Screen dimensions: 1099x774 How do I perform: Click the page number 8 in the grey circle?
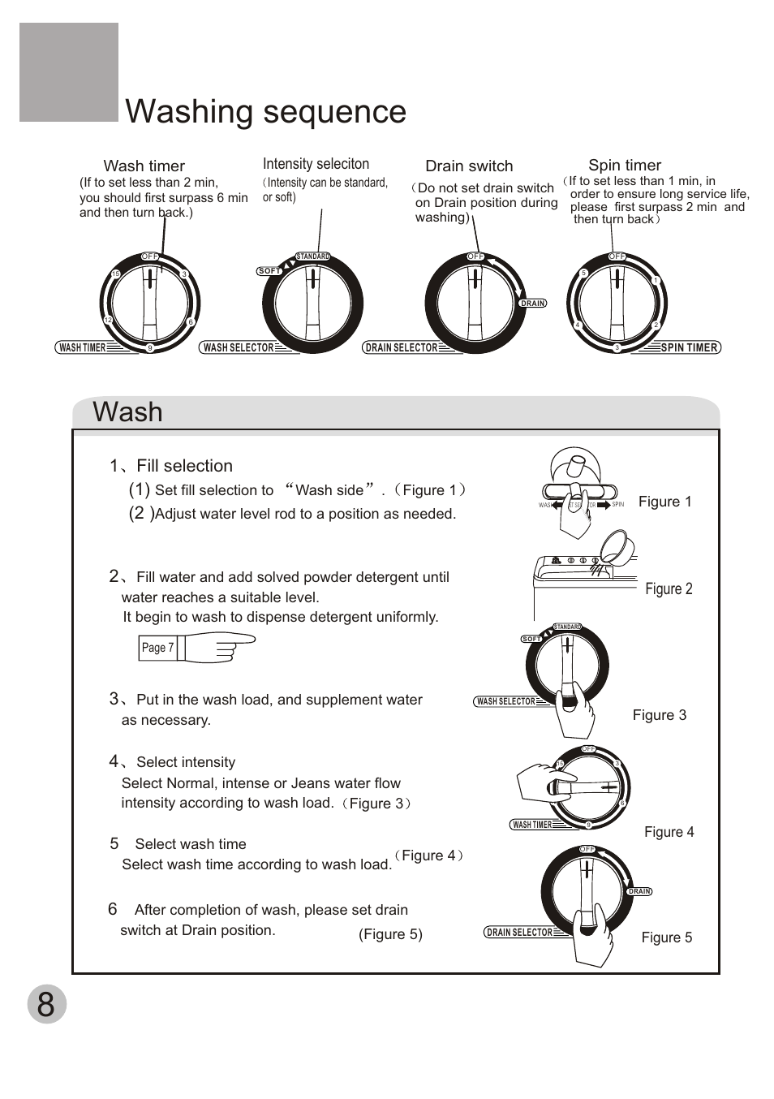tap(46, 1004)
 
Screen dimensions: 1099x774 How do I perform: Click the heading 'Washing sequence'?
tap(265, 112)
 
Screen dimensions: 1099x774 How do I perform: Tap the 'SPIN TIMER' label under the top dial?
tap(689, 347)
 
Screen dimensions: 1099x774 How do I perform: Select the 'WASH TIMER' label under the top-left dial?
tap(83, 347)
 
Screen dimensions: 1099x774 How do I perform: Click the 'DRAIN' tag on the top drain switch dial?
tap(533, 304)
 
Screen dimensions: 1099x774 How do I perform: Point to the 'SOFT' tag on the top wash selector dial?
tap(269, 271)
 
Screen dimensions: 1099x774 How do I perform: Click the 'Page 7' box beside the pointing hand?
tap(157, 648)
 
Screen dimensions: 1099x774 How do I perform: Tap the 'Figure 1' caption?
tap(664, 502)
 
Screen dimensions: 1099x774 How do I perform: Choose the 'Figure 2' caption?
tap(669, 589)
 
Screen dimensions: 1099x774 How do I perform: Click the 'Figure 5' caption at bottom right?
tap(666, 937)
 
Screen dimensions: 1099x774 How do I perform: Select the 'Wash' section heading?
tap(127, 412)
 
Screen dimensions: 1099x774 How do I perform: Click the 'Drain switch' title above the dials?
tap(469, 166)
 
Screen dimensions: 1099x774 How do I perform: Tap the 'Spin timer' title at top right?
tap(625, 166)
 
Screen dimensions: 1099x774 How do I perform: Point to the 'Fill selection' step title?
tap(184, 466)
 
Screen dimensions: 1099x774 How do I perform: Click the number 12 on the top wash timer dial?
tap(108, 321)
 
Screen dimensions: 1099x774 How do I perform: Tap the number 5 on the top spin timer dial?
tap(583, 274)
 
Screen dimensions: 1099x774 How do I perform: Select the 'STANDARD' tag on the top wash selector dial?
tap(313, 256)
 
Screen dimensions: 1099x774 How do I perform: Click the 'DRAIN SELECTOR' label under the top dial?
tap(401, 347)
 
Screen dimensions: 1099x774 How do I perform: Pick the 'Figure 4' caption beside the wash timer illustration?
tap(669, 832)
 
